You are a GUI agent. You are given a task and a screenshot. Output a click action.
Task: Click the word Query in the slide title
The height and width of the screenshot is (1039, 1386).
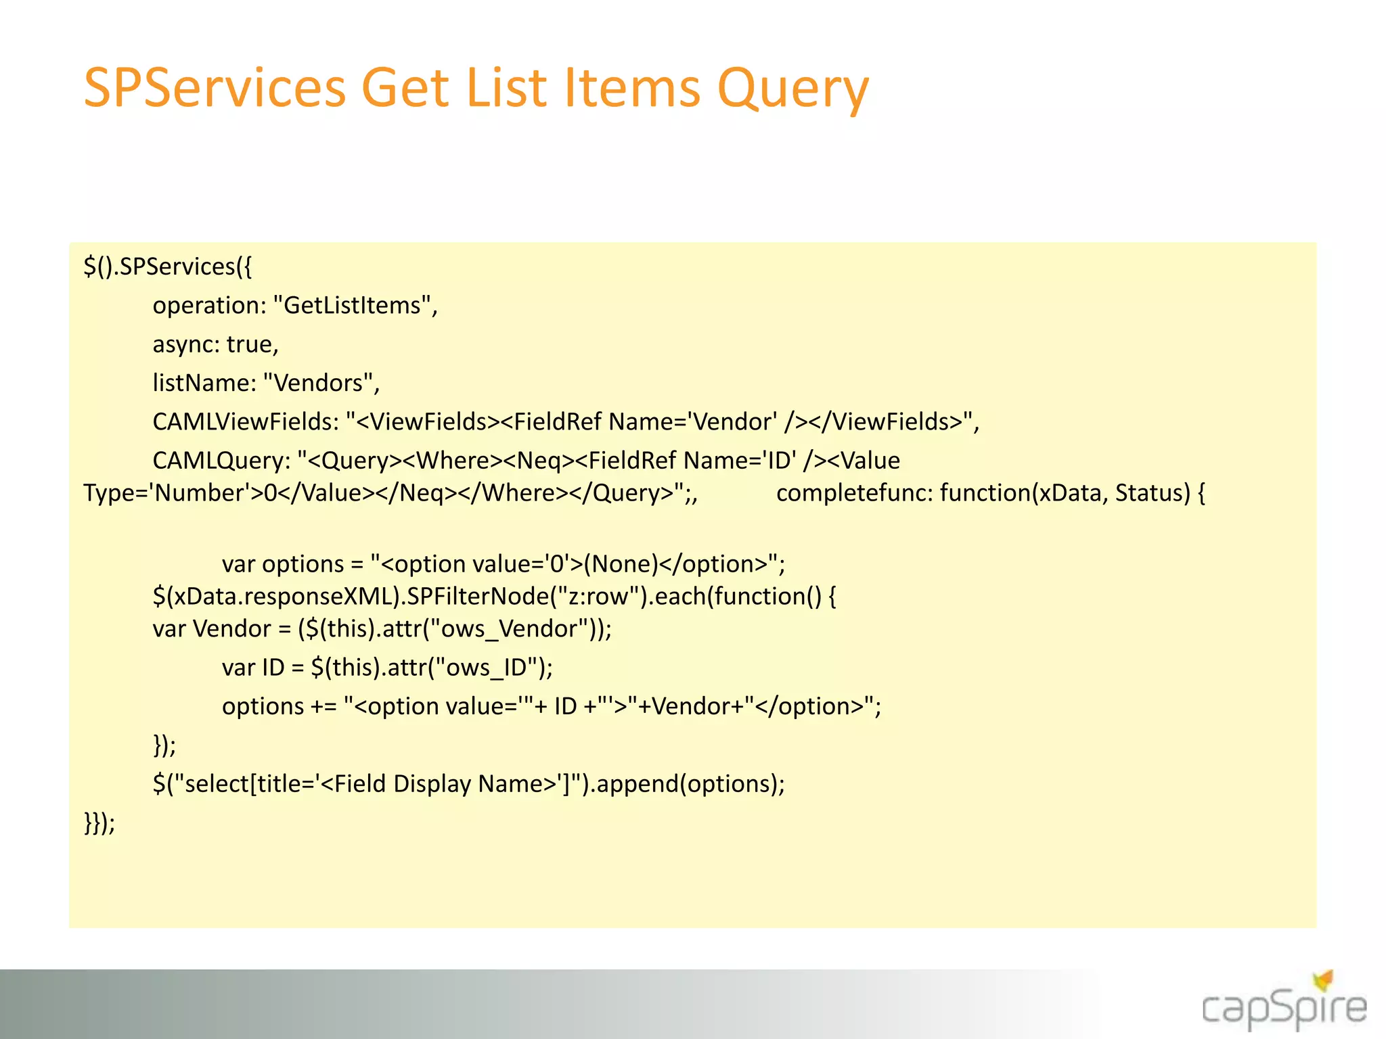(x=792, y=89)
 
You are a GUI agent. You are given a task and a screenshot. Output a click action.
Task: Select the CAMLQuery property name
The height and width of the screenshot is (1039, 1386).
(x=221, y=461)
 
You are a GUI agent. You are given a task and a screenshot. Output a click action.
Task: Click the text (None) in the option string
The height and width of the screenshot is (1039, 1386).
(x=621, y=564)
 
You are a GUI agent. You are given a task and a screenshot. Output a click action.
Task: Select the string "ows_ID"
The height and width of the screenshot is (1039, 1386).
(x=486, y=668)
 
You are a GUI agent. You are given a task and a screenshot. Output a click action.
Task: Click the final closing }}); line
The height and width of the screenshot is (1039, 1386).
(x=99, y=823)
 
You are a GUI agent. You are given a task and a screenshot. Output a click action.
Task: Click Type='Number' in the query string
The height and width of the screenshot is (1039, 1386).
(x=166, y=493)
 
